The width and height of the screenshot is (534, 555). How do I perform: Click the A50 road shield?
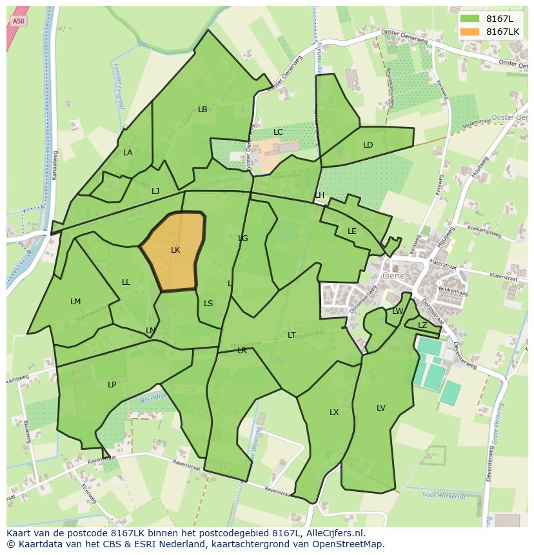coord(19,21)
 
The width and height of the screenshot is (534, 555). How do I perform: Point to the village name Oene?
coord(393,274)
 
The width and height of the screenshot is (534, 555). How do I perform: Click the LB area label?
coord(203,110)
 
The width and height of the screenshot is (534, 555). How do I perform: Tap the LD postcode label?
coord(368,145)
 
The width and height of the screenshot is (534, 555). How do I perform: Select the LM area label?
coord(75,302)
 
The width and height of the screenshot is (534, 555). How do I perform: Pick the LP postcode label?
coord(112,385)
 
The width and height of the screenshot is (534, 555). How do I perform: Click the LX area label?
coord(334,413)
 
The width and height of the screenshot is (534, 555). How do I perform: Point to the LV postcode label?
coord(381,408)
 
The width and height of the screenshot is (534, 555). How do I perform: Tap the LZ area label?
coord(422,326)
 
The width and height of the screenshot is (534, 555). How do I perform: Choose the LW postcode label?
coord(397,311)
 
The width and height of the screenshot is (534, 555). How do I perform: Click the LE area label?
coord(352,231)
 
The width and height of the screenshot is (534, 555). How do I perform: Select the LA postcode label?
coord(128,153)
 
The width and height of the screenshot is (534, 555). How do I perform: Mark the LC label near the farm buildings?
coord(278,132)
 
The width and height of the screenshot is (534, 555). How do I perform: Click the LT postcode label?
coord(292,335)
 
